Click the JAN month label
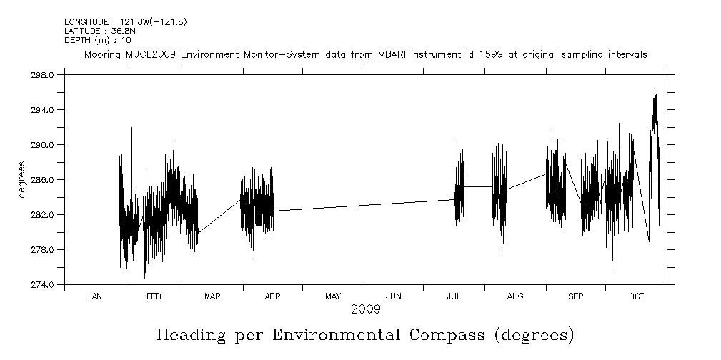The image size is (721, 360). click(x=95, y=296)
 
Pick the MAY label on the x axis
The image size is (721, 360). click(x=332, y=296)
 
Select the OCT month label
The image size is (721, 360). click(x=636, y=296)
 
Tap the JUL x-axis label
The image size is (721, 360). click(x=454, y=296)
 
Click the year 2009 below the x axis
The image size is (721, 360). click(x=365, y=309)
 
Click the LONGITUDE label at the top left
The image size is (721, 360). click(x=88, y=22)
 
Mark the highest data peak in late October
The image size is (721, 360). click(x=655, y=91)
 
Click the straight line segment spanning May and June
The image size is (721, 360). click(x=364, y=206)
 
